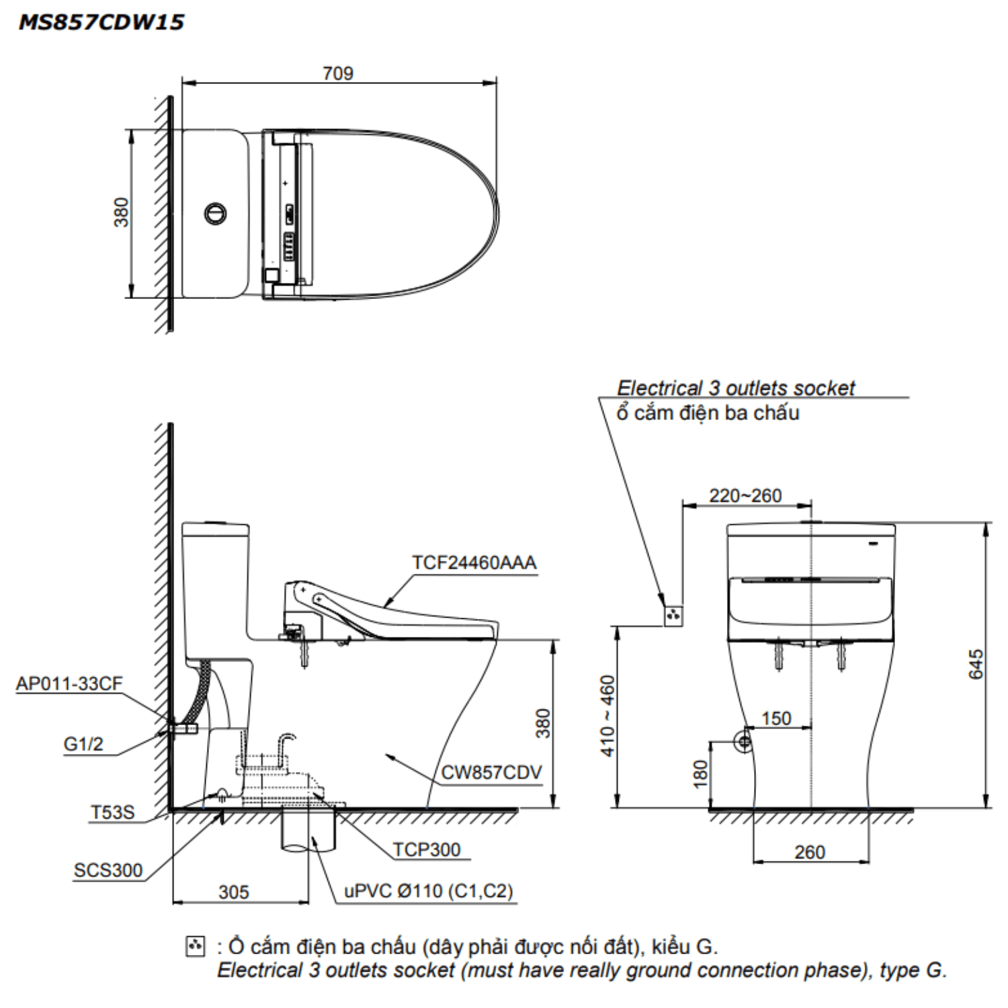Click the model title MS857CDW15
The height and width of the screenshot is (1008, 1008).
click(x=101, y=22)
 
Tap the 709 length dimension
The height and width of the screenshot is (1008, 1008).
click(x=337, y=73)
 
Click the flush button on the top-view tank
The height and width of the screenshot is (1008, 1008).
click(x=215, y=214)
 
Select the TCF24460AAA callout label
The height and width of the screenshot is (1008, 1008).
click(x=474, y=562)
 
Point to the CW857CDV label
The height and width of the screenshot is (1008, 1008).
click(x=491, y=773)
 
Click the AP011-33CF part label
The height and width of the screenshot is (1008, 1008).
click(x=69, y=683)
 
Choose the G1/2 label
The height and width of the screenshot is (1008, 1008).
click(x=83, y=744)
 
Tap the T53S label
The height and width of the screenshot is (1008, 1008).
click(x=112, y=812)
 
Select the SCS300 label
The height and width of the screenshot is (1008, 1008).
click(x=108, y=870)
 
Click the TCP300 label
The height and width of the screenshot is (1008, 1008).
click(x=427, y=849)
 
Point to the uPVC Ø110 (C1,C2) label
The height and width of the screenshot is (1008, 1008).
click(x=428, y=891)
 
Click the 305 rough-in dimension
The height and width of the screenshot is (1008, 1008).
click(x=233, y=892)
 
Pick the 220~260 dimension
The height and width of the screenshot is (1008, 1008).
click(x=745, y=496)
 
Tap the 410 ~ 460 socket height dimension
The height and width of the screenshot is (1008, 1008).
click(x=607, y=716)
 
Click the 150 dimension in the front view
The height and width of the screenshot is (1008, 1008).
click(x=775, y=718)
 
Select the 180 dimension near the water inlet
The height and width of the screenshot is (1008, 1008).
click(x=700, y=773)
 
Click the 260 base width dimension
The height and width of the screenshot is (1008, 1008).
click(x=809, y=852)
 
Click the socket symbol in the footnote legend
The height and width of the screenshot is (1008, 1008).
click(x=194, y=946)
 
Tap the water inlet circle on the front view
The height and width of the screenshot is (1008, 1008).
click(x=743, y=742)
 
